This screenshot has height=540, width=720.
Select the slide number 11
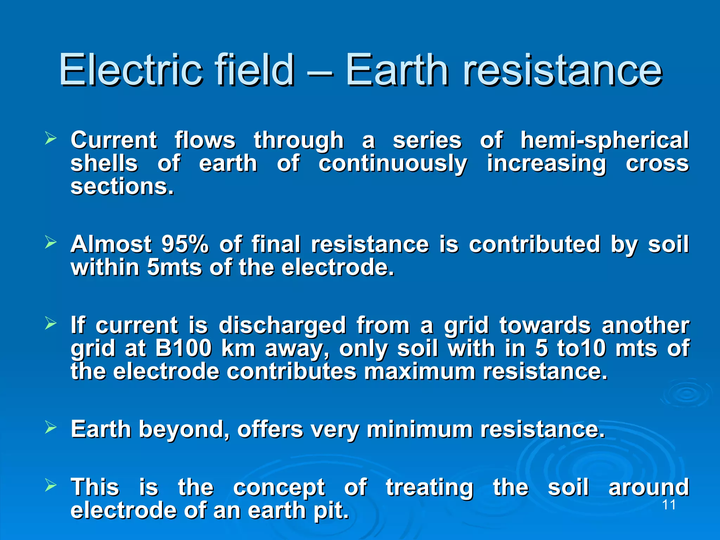pos(669,505)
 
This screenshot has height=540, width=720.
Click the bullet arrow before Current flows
pos(51,139)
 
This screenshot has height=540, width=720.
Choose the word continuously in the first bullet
pos(393,164)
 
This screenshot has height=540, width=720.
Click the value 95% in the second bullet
pos(185,244)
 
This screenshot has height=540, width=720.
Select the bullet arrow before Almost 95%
pos(51,243)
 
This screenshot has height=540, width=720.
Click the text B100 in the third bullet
pos(183,348)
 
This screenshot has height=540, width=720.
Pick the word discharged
pos(282,326)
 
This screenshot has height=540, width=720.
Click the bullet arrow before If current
pos(51,323)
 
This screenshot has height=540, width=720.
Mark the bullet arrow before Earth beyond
pos(51,427)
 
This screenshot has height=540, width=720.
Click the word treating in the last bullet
pos(429,488)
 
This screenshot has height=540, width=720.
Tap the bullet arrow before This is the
pos(51,486)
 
